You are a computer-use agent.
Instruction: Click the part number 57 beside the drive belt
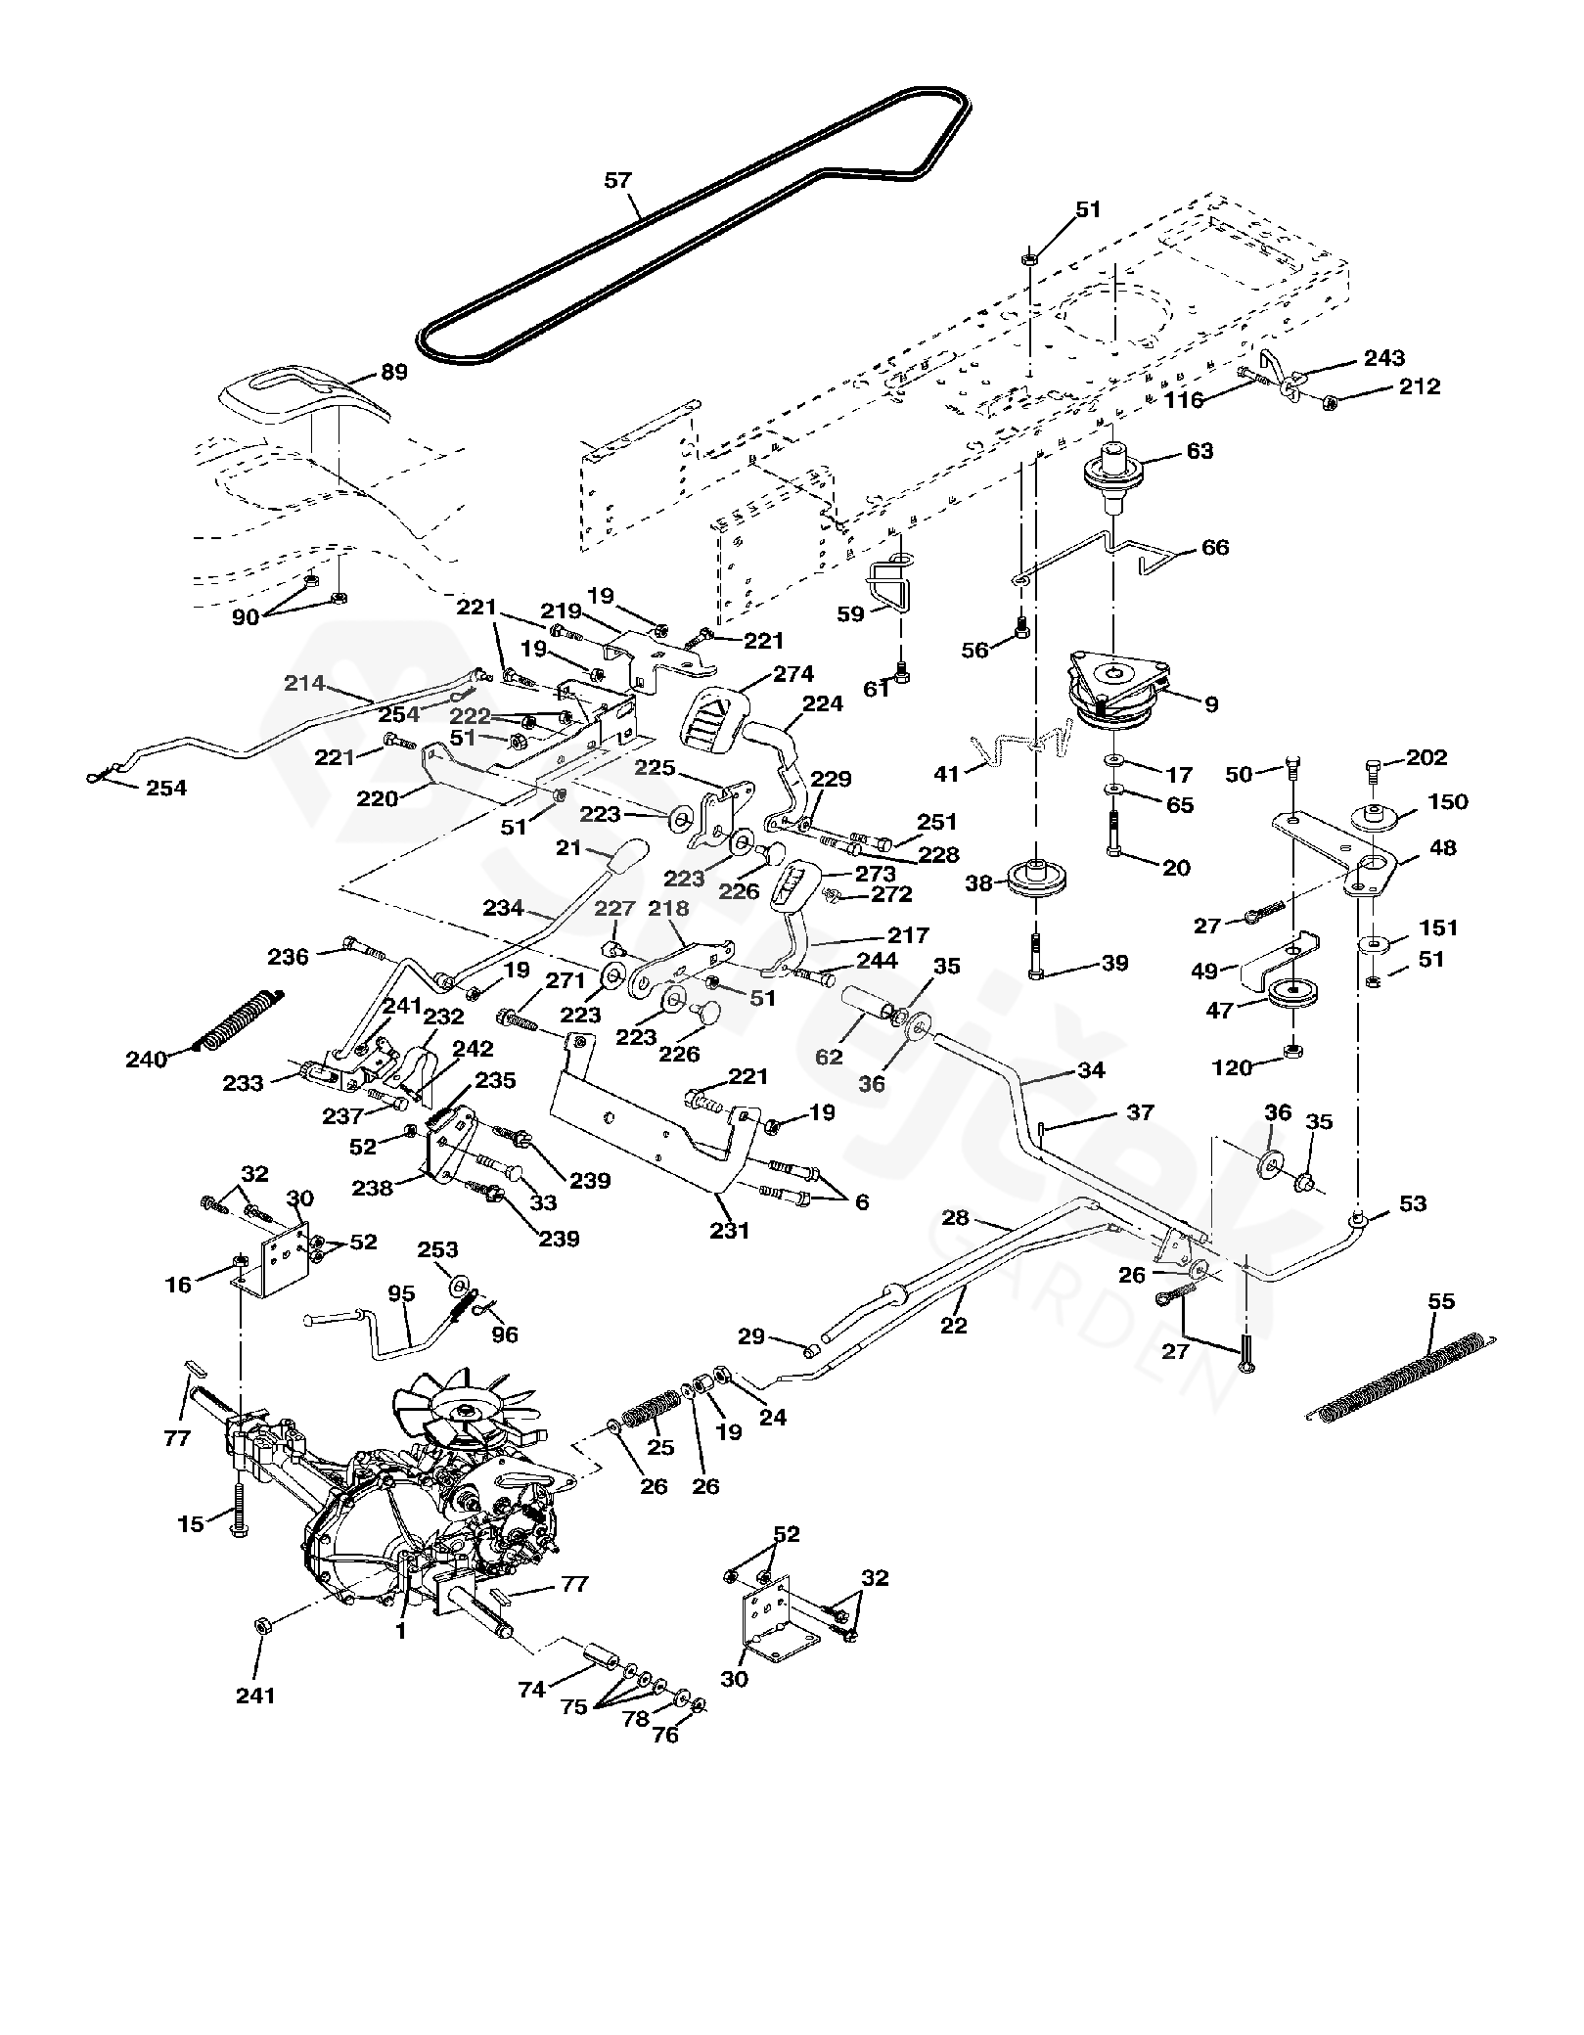tap(618, 180)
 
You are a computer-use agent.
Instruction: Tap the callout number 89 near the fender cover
tap(393, 372)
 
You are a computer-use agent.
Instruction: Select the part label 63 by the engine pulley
tap(1199, 450)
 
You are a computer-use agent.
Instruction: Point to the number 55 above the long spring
tap(1441, 1301)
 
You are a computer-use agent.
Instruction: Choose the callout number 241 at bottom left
tap(256, 1696)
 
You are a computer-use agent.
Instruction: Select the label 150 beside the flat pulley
tap(1448, 801)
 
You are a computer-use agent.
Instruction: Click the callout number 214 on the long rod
tap(304, 683)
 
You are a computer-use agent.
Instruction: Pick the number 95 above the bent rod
tap(401, 1292)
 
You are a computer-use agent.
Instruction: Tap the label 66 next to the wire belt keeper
tap(1215, 547)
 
